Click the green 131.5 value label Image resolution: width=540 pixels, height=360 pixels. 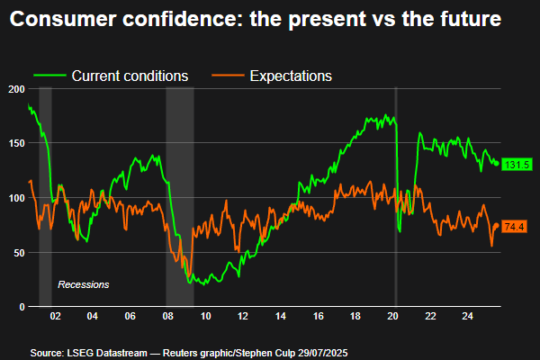pyautogui.click(x=516, y=165)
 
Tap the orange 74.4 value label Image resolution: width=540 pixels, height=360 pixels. pyautogui.click(x=515, y=226)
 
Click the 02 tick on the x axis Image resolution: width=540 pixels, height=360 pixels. pyautogui.click(x=55, y=317)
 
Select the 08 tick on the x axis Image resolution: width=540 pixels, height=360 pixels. pyautogui.click(x=168, y=317)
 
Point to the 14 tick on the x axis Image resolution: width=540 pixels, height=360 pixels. pyautogui.click(x=281, y=317)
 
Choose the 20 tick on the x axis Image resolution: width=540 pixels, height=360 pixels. pyautogui.click(x=393, y=317)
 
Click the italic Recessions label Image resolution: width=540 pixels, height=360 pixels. pyautogui.click(x=83, y=284)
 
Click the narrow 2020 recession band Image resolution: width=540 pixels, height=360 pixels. pyautogui.click(x=397, y=198)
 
